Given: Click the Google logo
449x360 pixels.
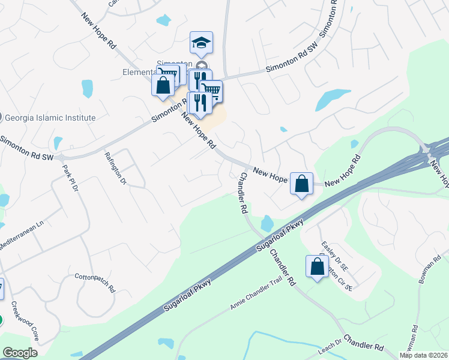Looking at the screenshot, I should coord(20,353).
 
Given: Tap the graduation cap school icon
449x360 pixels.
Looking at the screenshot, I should coord(201,43).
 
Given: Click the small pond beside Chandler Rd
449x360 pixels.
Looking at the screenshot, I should coord(267,224).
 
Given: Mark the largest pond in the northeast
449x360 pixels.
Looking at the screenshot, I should coord(333,98).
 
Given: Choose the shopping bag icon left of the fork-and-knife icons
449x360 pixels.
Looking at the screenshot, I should coord(163,85).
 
